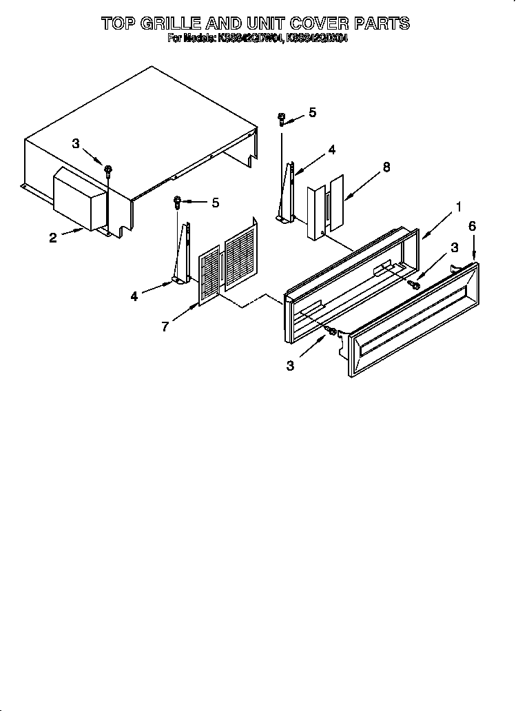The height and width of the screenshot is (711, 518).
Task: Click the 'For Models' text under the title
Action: tap(189, 39)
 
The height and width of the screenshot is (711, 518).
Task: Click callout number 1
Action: tap(458, 206)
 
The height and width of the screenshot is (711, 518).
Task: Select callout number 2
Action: tap(53, 238)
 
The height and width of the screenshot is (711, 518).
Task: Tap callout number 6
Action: tap(472, 226)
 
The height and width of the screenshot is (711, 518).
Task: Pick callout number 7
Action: tap(165, 327)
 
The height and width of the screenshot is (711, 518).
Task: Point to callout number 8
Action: tap(386, 167)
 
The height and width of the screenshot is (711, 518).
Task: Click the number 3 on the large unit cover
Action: tap(76, 143)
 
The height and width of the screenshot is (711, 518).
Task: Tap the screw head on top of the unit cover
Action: tap(108, 167)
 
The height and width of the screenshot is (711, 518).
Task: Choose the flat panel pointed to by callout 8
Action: tap(335, 201)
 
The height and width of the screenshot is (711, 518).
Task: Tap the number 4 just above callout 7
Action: tap(134, 296)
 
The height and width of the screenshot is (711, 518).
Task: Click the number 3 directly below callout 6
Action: tap(454, 247)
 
